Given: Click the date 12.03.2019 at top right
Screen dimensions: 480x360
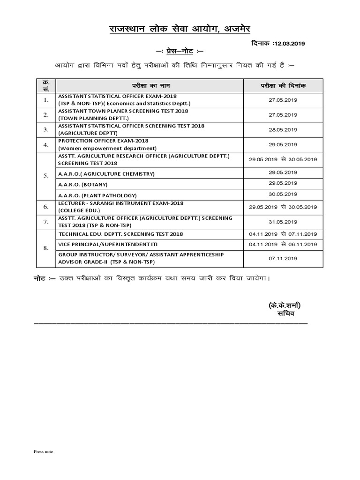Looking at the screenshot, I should (x=288, y=44).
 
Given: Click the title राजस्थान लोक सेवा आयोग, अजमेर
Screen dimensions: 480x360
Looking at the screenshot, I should (x=180, y=30).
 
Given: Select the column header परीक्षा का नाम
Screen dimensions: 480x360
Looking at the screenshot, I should (x=149, y=86).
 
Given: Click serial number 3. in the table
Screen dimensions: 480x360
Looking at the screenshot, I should (x=46, y=129).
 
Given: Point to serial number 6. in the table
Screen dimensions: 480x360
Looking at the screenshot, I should (x=46, y=207).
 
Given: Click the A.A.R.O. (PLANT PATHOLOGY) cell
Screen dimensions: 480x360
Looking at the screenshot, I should (x=97, y=195).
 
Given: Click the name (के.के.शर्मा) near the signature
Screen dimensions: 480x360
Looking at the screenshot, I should (x=285, y=306).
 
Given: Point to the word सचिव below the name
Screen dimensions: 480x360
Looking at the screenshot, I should (x=285, y=314).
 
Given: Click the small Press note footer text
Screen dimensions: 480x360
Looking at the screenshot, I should (x=43, y=451).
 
